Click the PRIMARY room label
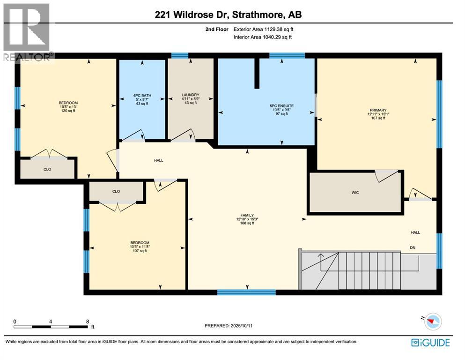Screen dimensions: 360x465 click(x=376, y=110)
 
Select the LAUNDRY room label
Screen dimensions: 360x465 click(x=190, y=95)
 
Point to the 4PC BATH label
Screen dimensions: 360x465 click(x=141, y=95)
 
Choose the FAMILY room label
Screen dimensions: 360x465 click(x=245, y=215)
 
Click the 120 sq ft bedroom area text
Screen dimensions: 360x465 click(x=68, y=111)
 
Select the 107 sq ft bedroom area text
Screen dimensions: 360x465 click(x=139, y=251)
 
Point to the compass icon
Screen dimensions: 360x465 click(x=434, y=322)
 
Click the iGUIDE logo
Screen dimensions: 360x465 click(x=430, y=343)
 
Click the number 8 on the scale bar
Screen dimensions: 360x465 click(x=88, y=322)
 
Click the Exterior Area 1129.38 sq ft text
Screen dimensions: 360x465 click(x=264, y=29)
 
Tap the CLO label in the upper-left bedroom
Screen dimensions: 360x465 click(x=47, y=169)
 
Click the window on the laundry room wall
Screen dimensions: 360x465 click(x=179, y=55)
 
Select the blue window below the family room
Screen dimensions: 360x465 click(x=246, y=292)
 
